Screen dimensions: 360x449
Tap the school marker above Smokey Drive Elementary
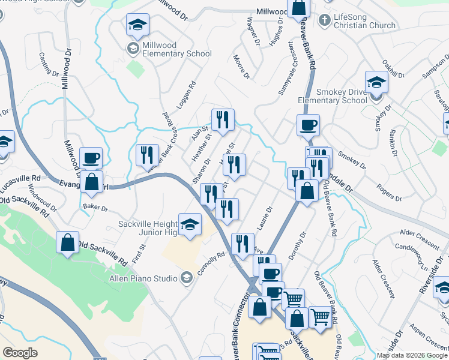[x=376, y=81]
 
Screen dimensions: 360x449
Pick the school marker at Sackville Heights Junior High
[x=190, y=224]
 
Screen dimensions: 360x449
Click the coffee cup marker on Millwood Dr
[x=91, y=158]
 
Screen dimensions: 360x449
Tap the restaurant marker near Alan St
[x=223, y=119]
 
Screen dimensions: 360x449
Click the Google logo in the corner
[x=20, y=353]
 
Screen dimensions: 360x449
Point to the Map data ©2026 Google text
[x=411, y=355]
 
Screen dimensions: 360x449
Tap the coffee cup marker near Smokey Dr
[x=308, y=125]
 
